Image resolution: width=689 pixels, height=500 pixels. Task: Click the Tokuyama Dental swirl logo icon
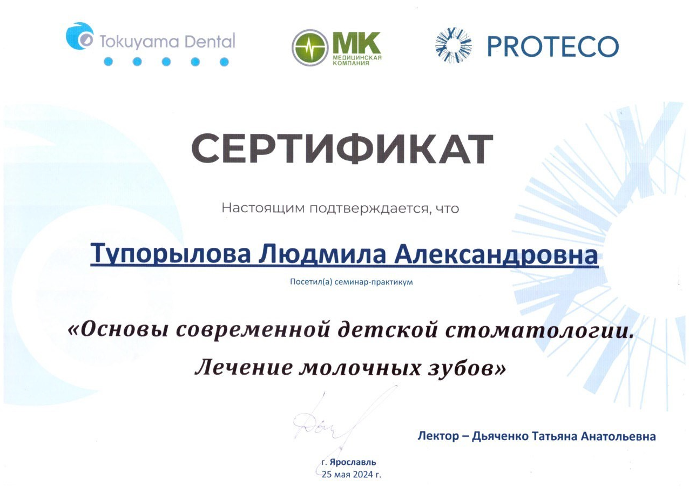tap(79, 36)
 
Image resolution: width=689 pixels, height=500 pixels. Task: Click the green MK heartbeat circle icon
tap(310, 48)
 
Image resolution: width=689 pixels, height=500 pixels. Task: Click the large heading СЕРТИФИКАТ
tap(342, 148)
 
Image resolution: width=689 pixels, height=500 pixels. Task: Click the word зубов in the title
tap(463, 367)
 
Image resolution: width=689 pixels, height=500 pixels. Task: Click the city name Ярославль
tap(353, 462)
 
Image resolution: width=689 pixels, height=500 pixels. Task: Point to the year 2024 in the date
tap(363, 475)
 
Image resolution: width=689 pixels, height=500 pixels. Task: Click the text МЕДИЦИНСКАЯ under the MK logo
tap(357, 57)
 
